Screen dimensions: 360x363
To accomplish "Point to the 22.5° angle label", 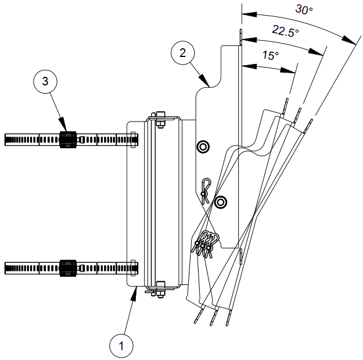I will [286, 33].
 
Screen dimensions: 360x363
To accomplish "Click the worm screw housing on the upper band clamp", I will [67, 138].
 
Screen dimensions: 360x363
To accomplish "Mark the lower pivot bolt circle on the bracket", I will [220, 202].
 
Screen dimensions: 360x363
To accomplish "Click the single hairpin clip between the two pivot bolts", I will [204, 190].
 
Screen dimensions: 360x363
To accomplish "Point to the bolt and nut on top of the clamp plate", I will [158, 120].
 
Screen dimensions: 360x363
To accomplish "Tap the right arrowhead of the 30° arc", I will [353, 42].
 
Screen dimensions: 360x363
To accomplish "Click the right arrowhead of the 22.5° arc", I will [321, 54].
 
